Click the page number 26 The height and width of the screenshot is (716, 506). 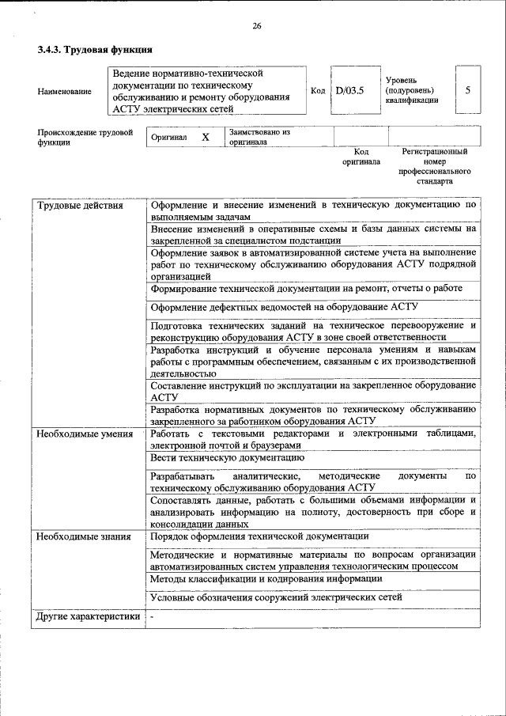[257, 26]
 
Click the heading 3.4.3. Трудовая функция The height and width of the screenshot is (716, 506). [94, 50]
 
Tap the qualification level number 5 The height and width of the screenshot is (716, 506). [468, 90]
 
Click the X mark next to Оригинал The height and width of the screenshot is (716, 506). [206, 137]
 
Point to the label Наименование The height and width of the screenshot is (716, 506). [64, 92]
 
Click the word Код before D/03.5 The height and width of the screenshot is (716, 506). [318, 91]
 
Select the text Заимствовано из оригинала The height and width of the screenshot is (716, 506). [260, 137]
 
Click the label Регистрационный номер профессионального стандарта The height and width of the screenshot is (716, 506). [436, 165]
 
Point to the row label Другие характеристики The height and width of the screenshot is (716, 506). [89, 616]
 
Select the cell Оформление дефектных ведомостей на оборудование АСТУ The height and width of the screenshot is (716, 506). [284, 307]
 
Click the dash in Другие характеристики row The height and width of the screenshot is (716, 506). [153, 616]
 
